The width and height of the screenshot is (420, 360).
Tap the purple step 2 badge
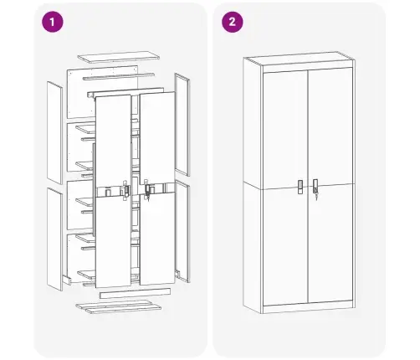[229, 23]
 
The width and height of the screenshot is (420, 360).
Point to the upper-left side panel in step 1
[54, 131]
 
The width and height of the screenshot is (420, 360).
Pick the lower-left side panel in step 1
[54, 239]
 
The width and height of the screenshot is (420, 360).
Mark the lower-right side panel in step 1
[182, 226]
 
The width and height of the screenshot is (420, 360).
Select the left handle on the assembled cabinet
[300, 186]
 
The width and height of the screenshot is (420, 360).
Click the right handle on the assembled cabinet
[315, 185]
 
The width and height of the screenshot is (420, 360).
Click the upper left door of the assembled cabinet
[284, 126]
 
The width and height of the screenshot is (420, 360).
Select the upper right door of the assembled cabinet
[330, 126]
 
